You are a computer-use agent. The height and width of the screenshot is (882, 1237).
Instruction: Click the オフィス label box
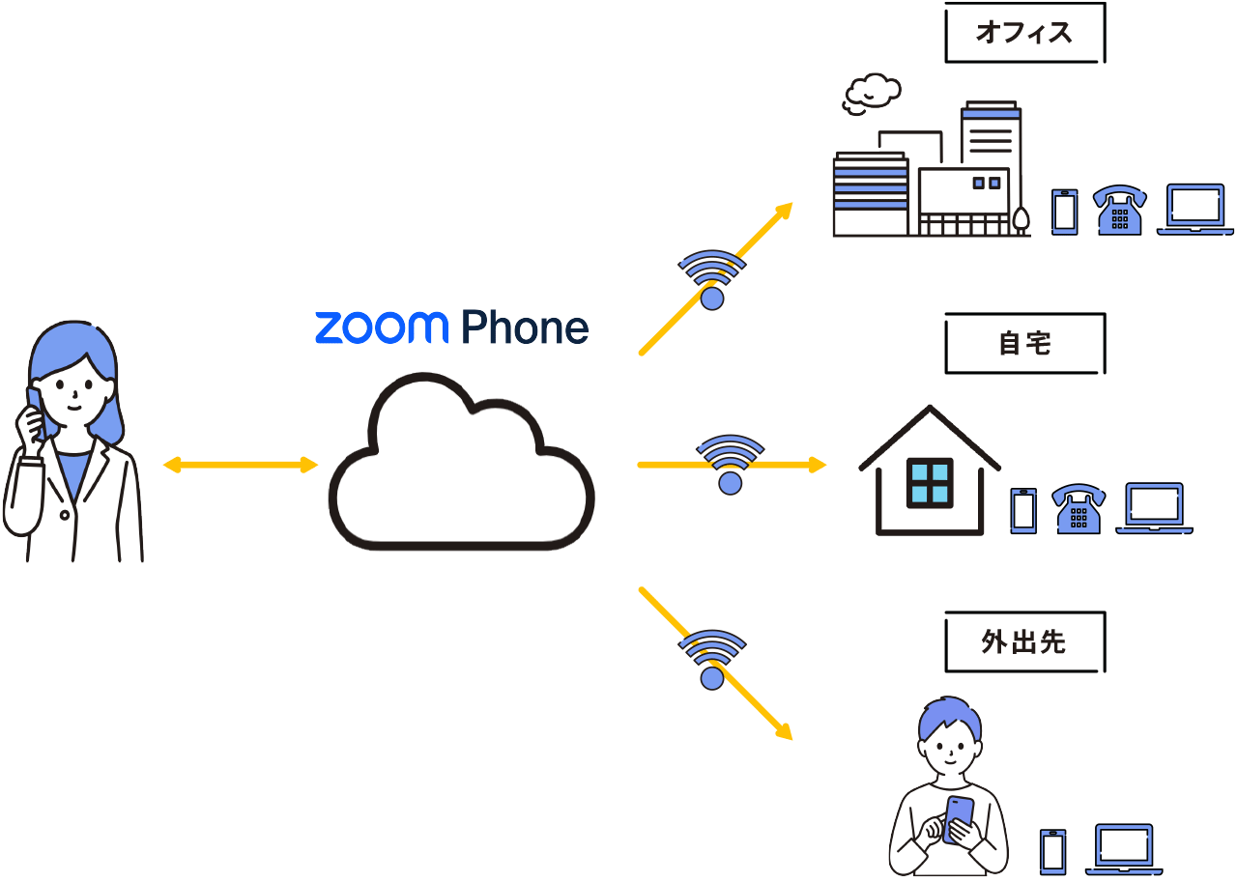click(1023, 34)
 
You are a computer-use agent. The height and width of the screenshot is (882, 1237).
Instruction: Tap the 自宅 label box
click(1023, 343)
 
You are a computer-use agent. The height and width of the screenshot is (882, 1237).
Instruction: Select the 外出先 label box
click(1023, 641)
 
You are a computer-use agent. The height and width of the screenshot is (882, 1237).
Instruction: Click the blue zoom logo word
click(381, 328)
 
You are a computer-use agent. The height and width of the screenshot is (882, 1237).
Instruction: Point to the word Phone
click(525, 328)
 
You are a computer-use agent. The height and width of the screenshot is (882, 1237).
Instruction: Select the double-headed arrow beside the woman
click(241, 466)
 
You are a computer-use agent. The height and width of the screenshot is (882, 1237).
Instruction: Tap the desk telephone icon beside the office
click(1120, 210)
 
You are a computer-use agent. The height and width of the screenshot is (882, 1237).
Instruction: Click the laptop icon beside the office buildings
click(1194, 210)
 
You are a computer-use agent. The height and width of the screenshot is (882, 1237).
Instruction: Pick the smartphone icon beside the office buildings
click(1064, 211)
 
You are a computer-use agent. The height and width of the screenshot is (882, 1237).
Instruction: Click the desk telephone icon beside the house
click(1079, 508)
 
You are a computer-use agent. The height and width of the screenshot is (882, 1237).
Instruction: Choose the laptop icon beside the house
click(1155, 508)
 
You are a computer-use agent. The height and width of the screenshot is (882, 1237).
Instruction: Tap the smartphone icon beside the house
click(1023, 510)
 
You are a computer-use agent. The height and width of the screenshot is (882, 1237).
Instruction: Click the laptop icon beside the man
click(1123, 850)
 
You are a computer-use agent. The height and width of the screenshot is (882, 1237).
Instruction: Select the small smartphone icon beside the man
click(1053, 851)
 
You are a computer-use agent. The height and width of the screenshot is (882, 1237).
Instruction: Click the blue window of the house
click(929, 483)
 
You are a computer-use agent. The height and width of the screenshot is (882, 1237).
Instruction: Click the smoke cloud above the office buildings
click(873, 93)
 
